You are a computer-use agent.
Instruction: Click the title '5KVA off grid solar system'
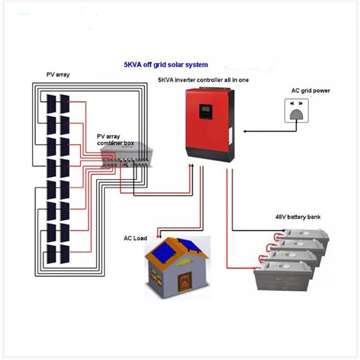tap(166, 64)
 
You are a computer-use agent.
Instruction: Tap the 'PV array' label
tap(58, 74)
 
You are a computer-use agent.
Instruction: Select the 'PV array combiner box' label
tap(115, 139)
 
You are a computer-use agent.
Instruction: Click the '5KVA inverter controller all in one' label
tap(203, 80)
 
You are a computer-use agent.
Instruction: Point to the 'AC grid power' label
tap(310, 91)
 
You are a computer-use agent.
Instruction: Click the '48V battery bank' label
tap(298, 217)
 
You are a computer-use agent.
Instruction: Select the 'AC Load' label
tap(135, 238)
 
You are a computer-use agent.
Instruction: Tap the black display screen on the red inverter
tap(205, 112)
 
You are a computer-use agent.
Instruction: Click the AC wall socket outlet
tap(296, 111)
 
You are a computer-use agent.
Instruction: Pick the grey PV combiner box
tap(127, 155)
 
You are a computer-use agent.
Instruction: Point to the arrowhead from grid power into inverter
tap(245, 131)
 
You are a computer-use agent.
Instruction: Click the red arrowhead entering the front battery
tap(253, 268)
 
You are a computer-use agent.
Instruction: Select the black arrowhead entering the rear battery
tap(283, 230)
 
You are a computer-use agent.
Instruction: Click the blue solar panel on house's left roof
tap(163, 251)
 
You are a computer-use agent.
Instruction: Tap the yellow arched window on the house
tap(185, 262)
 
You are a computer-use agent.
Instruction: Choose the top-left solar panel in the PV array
tap(51, 103)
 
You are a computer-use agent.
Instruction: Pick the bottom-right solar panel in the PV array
tap(64, 254)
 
